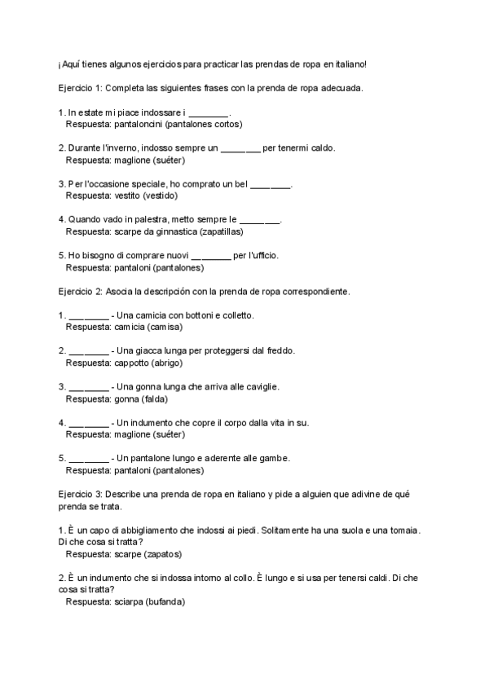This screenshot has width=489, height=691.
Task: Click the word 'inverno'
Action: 125,147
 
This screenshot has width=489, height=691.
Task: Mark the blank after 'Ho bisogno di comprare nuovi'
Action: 211,255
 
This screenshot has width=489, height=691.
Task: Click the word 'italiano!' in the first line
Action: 350,64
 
